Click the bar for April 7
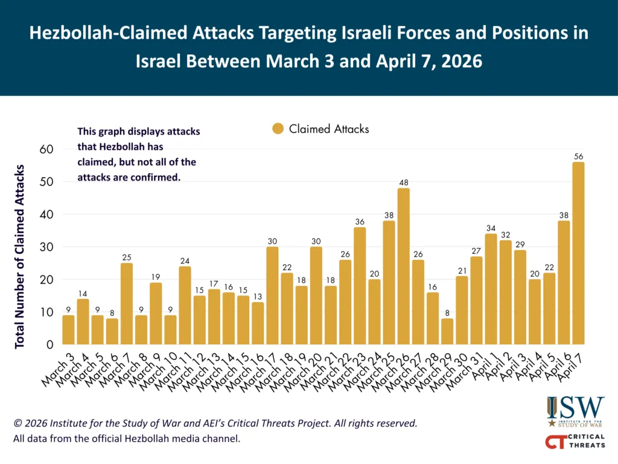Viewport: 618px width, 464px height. pos(578,254)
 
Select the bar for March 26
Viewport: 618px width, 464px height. pos(403,266)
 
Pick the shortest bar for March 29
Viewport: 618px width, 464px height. pos(447,332)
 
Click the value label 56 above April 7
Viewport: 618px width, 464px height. pos(578,156)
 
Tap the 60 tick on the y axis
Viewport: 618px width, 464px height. pos(46,149)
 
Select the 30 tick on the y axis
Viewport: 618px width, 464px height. pos(46,247)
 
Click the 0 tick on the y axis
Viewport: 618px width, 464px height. pos(49,345)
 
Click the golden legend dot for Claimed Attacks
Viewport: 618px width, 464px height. pos(278,129)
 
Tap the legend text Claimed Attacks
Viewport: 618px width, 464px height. pos(329,129)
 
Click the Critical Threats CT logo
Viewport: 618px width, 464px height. pos(575,442)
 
